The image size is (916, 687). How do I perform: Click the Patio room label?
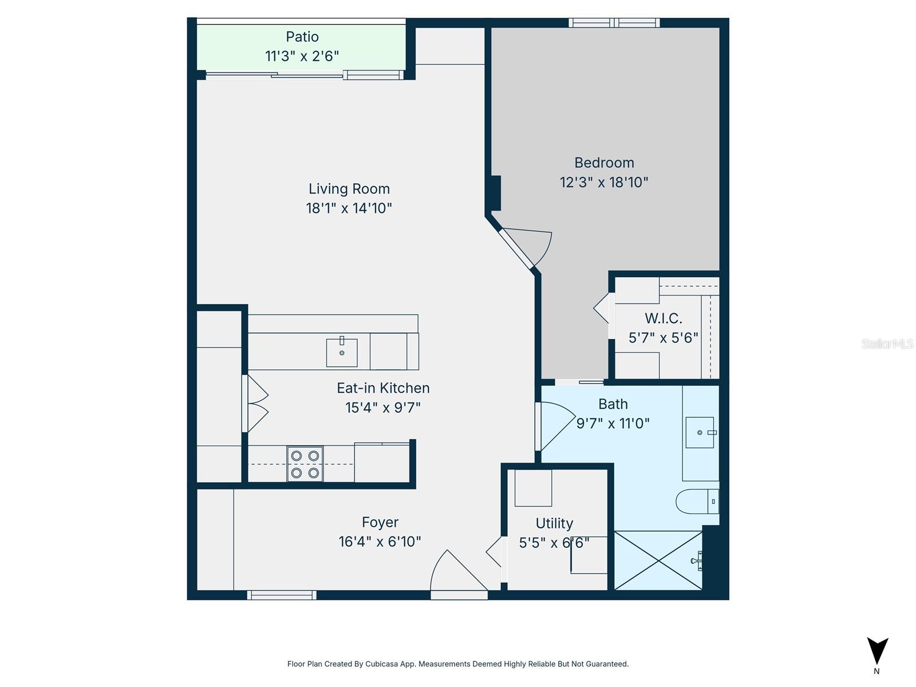[302, 37]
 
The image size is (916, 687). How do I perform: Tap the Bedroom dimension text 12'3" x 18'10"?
[604, 182]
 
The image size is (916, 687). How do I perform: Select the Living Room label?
[349, 188]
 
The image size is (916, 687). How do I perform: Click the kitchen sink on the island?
[342, 352]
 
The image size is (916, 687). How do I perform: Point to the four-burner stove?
[305, 464]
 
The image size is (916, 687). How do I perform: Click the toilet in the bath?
[696, 502]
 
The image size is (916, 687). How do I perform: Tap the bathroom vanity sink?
[700, 432]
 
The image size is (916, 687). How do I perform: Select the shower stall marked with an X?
[658, 560]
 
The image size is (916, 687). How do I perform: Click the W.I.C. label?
[664, 318]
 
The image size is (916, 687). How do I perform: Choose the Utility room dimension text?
[554, 542]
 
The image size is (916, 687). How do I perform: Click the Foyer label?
[380, 522]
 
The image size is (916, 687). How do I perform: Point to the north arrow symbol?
[877, 652]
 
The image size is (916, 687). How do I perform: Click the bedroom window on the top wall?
[614, 23]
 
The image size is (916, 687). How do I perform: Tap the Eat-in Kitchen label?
[383, 388]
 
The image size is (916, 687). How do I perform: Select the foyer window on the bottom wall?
[281, 595]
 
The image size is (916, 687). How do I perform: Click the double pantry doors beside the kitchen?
[255, 403]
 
